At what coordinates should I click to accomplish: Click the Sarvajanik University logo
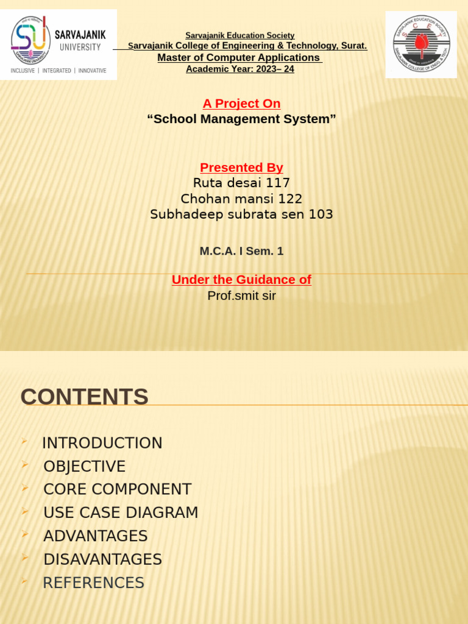[x=58, y=44]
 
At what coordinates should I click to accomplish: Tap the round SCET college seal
[x=421, y=44]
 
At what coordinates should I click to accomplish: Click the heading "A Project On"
[x=241, y=104]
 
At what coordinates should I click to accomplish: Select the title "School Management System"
[x=241, y=119]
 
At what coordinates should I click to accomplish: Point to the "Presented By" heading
[x=241, y=168]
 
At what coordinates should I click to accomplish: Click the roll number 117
[x=278, y=183]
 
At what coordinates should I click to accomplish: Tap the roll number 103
[x=321, y=214]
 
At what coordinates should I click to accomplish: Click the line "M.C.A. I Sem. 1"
[x=241, y=251]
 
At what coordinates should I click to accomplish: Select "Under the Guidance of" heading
[x=241, y=280]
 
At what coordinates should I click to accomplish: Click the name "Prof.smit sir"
[x=241, y=296]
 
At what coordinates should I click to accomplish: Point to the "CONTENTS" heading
[x=84, y=397]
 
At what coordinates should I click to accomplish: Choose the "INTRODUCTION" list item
[x=102, y=443]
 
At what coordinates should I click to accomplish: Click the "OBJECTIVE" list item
[x=84, y=467]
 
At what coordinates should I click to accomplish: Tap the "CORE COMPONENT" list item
[x=117, y=489]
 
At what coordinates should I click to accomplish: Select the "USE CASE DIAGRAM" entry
[x=121, y=513]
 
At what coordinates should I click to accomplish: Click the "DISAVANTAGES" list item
[x=102, y=559]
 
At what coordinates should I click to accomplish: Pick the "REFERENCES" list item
[x=93, y=583]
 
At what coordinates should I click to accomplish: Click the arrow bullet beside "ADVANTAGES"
[x=24, y=534]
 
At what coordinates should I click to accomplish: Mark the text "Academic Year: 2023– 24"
[x=240, y=69]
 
